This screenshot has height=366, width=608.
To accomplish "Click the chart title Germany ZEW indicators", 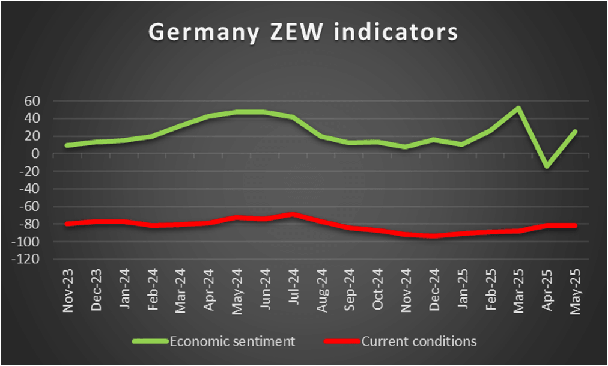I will pos(303,32).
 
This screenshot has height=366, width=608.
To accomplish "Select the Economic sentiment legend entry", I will pos(232,341).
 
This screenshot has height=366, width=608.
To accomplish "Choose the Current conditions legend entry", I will pos(418,341).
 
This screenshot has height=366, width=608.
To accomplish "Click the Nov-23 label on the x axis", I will pos(69,291).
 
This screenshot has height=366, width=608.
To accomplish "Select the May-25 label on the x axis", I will pos(574,291).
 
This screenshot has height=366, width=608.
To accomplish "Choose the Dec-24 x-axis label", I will pos(434,291).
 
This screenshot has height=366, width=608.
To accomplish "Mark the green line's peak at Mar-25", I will pos(518,108).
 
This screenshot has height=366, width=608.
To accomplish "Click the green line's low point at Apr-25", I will pos(546,166).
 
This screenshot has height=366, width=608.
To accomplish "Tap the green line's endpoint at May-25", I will pos(574,132).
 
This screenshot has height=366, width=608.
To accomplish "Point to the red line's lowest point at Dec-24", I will pos(434,236).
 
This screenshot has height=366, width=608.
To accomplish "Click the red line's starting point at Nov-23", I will pos(68,224).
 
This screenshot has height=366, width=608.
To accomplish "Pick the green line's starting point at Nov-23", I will pos(68,145).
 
